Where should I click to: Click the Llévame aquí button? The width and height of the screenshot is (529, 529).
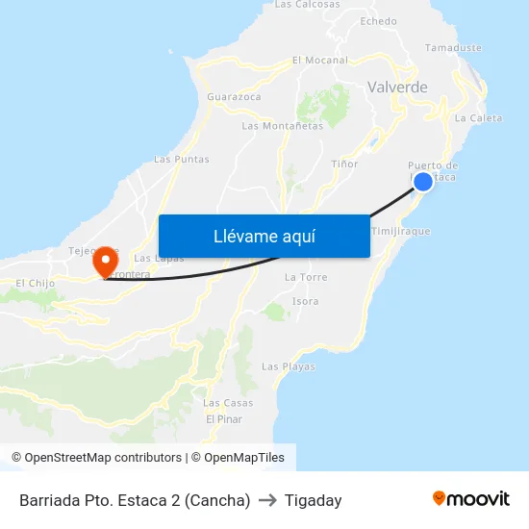[264, 236]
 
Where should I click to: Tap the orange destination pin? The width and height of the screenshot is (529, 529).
[104, 260]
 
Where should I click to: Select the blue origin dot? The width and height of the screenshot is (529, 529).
[422, 181]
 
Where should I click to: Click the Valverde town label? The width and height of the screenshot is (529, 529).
[397, 88]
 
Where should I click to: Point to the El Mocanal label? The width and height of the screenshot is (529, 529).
[319, 60]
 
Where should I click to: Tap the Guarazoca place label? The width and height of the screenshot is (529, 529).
[234, 97]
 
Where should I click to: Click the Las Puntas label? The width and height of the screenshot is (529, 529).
[181, 160]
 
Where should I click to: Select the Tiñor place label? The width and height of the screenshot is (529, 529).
[344, 164]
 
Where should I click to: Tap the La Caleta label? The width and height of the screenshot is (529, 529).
[478, 118]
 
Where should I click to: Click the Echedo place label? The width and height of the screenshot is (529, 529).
[378, 21]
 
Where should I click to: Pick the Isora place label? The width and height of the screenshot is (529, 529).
[305, 301]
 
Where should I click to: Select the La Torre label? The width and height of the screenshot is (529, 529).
[306, 277]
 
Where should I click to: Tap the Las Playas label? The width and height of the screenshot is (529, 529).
[288, 366]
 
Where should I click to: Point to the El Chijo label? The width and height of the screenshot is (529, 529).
[36, 283]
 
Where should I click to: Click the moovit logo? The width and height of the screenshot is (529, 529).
[470, 499]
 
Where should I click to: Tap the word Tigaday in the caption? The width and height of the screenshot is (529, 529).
[313, 500]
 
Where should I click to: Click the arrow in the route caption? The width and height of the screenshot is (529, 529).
[267, 500]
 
